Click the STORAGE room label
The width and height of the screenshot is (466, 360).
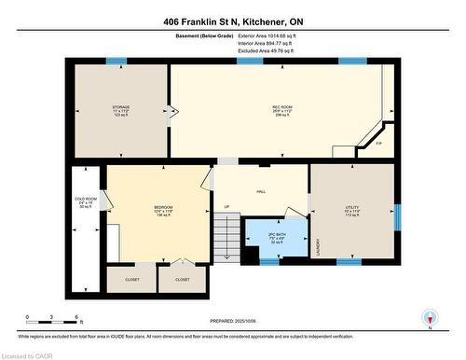coord(121,108)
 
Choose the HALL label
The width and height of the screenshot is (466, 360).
coord(261,189)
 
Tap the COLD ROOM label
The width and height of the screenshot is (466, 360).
coord(85,200)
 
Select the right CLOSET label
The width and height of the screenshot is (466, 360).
coord(182,279)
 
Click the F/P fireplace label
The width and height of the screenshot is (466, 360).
coord(377,145)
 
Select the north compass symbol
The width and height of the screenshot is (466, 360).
coord(429,318)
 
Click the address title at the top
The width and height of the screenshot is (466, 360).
coord(232,21)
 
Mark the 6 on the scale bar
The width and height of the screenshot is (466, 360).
coord(80,318)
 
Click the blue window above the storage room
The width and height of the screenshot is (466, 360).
coord(116,62)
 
